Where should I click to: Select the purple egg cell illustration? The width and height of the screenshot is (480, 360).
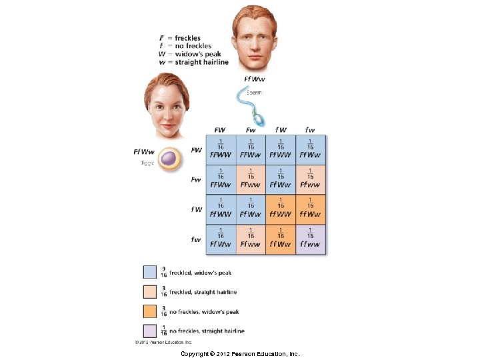point(169,159)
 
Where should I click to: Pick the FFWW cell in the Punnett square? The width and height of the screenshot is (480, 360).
point(221,150)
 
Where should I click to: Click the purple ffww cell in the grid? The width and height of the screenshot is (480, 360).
point(310,239)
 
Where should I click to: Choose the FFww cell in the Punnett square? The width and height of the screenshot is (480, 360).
point(251,180)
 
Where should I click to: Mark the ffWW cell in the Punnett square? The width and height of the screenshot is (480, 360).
point(280,210)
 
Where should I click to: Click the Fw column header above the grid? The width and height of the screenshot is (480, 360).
point(251,129)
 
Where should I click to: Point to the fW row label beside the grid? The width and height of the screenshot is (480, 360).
point(196,209)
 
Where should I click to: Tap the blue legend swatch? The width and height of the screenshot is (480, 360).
point(150,272)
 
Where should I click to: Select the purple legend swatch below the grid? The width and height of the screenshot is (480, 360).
point(150,330)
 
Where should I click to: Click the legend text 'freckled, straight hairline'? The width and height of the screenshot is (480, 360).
point(203,292)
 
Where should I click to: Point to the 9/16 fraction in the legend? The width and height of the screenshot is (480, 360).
point(164,272)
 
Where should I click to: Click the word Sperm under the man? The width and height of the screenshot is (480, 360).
point(256,93)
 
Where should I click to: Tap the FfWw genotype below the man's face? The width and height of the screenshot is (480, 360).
point(254,79)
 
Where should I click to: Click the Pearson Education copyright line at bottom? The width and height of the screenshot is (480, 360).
point(240,353)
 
